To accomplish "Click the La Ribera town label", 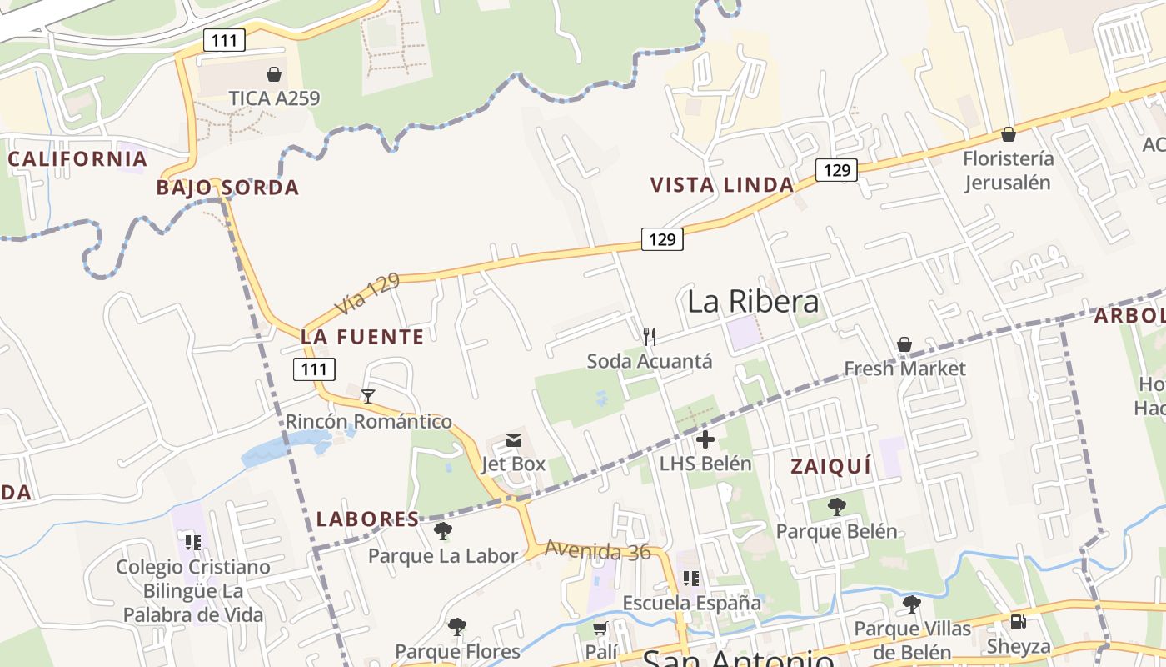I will pos(753,302).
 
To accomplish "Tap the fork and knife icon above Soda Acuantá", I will pos(650,337).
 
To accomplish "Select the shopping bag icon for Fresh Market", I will pos(904,344).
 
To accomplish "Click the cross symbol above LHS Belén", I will pos(705,439).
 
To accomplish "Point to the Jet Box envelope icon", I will pos(514,440).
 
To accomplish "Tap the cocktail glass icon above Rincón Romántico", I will pos(368,396).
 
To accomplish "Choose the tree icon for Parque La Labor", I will pos(443,531).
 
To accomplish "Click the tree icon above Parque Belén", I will pos(836,507).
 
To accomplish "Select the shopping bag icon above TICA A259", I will pos(274,74).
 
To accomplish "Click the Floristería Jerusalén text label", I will pos(1008,170).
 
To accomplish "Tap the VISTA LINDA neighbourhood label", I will pos(721,185).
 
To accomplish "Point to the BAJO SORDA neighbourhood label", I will pos(227,188).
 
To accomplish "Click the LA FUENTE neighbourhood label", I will pos(362,337).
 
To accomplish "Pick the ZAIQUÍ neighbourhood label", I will pos(830,467).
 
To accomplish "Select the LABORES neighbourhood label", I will pos(367,519).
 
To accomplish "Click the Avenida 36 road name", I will pos(598,550).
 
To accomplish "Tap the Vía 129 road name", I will pos(367,295).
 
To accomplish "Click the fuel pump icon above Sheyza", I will pos(1018,622).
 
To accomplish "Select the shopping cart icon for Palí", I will pos(600,628).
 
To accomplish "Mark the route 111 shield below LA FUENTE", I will pos(314,369).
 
